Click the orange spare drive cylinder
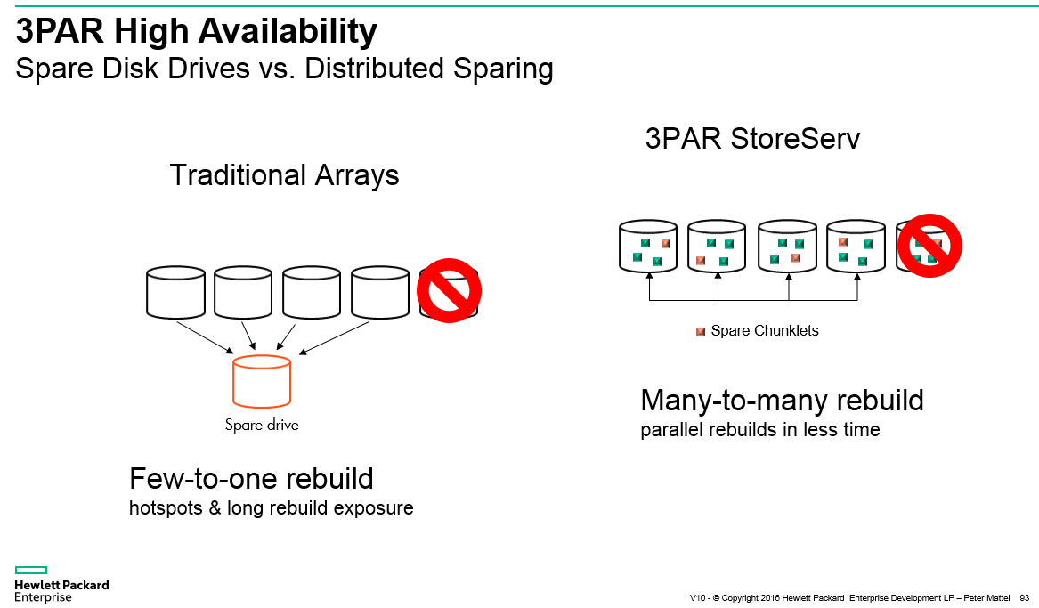pyautogui.click(x=262, y=382)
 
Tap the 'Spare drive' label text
pyautogui.click(x=262, y=425)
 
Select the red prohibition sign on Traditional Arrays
pyautogui.click(x=449, y=291)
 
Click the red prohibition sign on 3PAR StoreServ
pyautogui.click(x=929, y=246)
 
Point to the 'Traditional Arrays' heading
pyautogui.click(x=284, y=175)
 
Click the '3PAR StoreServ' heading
pyautogui.click(x=752, y=139)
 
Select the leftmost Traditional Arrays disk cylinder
pyautogui.click(x=175, y=292)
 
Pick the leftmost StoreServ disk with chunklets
pyautogui.click(x=648, y=246)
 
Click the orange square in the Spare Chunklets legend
pyautogui.click(x=701, y=332)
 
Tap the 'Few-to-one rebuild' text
pyautogui.click(x=251, y=478)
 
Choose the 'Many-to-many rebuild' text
pyautogui.click(x=782, y=400)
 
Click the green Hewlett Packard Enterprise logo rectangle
pyautogui.click(x=31, y=571)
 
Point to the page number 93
pyautogui.click(x=1025, y=597)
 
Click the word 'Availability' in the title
pyautogui.click(x=288, y=31)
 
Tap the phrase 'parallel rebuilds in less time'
pyautogui.click(x=760, y=430)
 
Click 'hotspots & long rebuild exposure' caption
pyautogui.click(x=271, y=508)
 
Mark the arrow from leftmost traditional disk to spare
pyautogui.click(x=205, y=337)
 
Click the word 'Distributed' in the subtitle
pyautogui.click(x=374, y=69)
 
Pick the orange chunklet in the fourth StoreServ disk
pyautogui.click(x=843, y=242)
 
